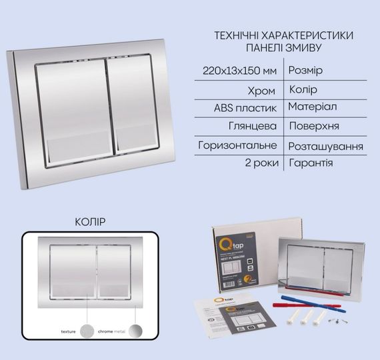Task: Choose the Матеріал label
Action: click(313, 107)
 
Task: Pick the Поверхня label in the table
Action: click(315, 126)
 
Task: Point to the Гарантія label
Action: click(311, 163)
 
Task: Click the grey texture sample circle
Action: click(87, 331)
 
